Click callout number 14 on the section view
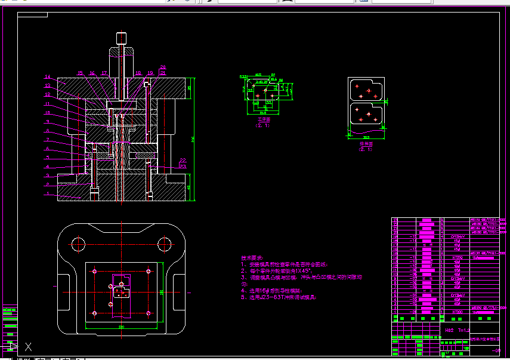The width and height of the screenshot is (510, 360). [47, 77]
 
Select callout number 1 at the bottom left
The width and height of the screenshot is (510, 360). [47, 195]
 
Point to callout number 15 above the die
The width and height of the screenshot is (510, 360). [80, 73]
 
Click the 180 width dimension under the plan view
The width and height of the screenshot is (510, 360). [121, 327]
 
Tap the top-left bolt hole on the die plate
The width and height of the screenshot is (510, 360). [94, 270]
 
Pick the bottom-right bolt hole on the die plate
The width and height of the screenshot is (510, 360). [147, 313]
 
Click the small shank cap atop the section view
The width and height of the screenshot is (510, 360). [121, 39]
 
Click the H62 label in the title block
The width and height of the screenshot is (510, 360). [450, 330]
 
